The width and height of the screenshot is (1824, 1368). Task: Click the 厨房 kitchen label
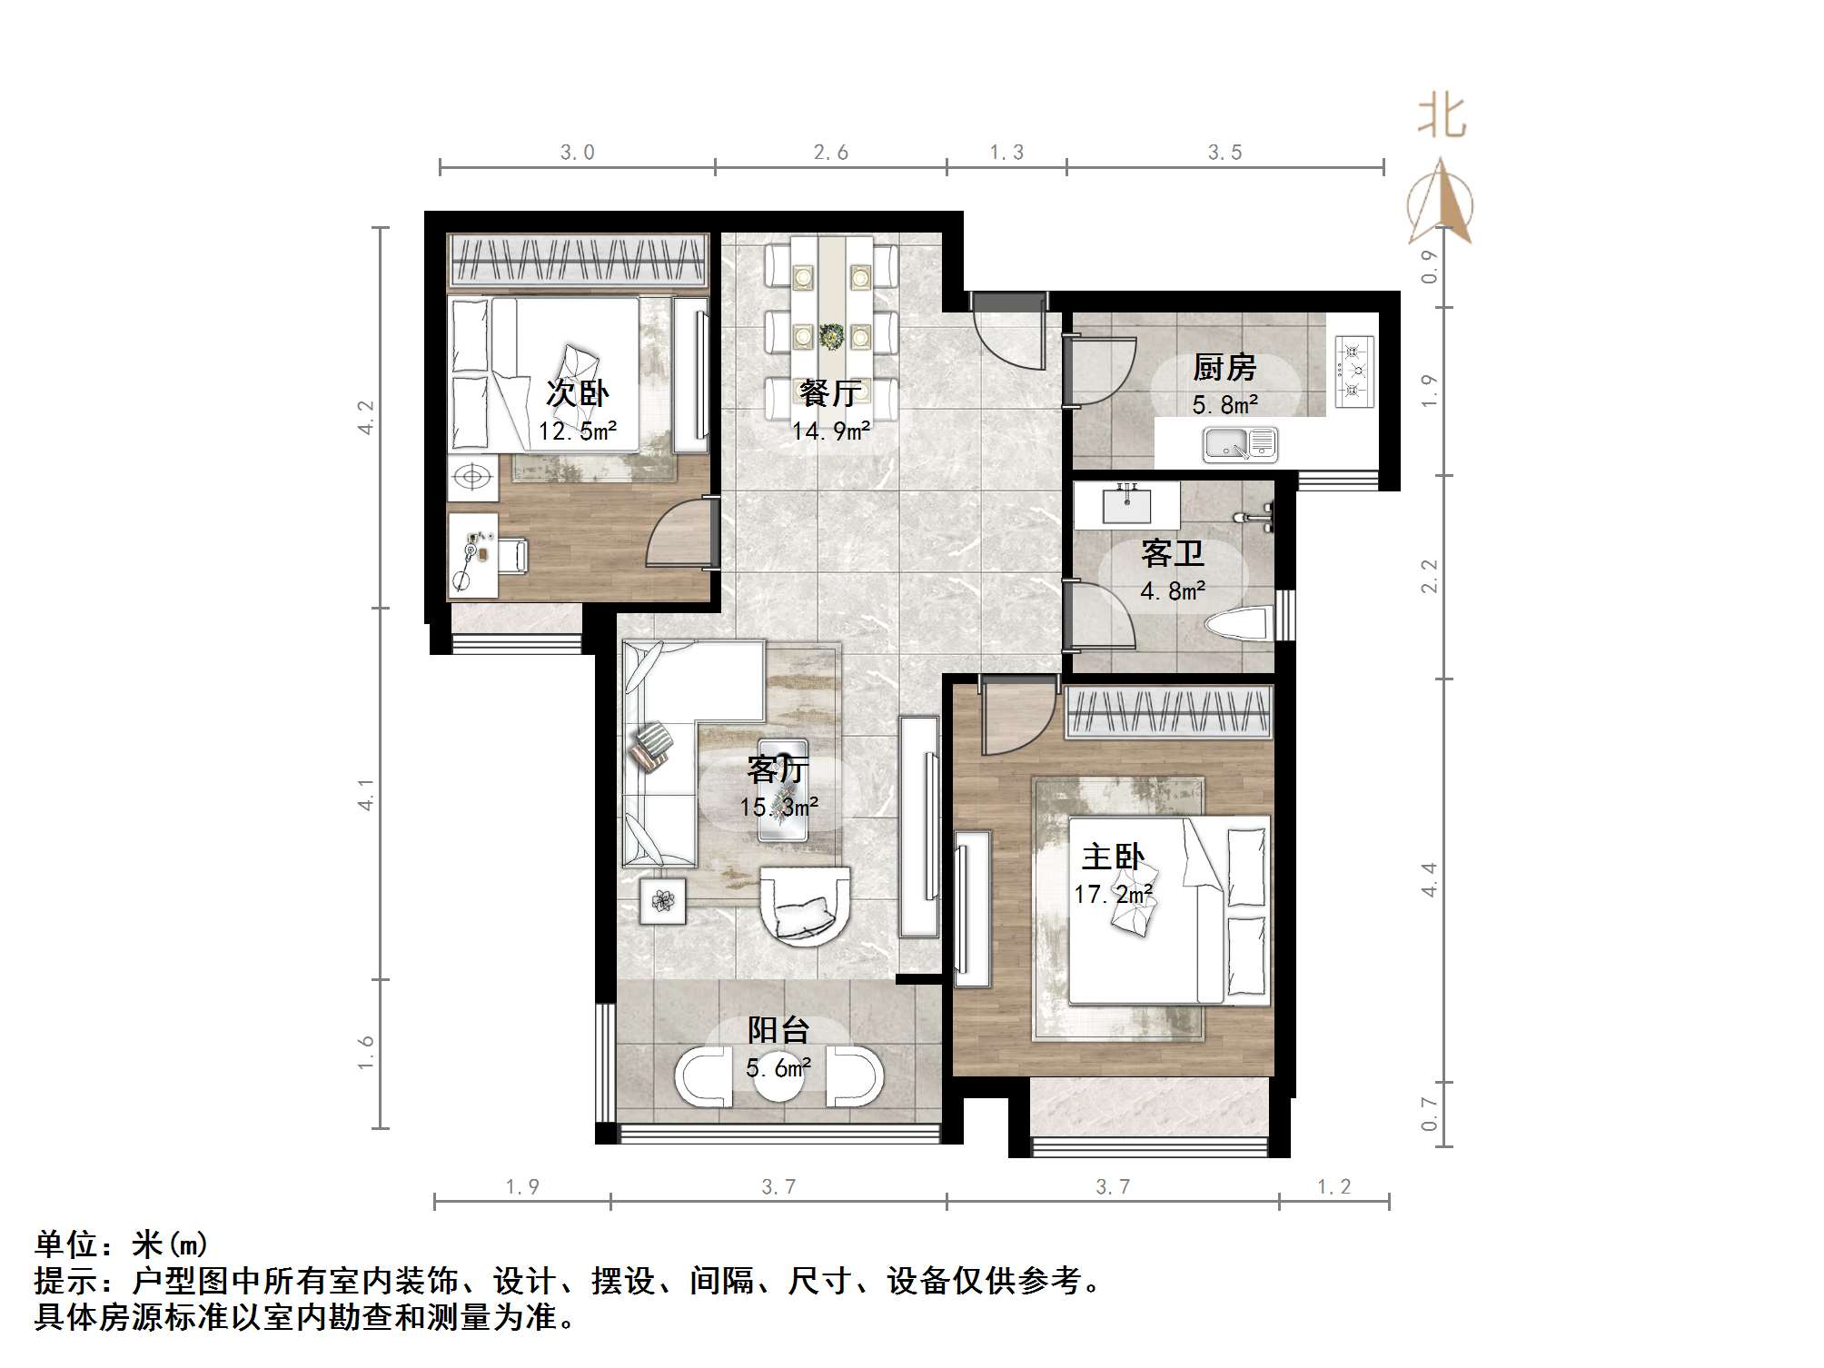click(x=1224, y=368)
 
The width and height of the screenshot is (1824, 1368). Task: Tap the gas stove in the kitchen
click(x=1353, y=370)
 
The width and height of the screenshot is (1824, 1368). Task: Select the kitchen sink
click(x=1240, y=444)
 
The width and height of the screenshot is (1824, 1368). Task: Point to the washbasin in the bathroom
click(x=1126, y=504)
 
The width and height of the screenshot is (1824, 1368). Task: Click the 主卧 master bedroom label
click(x=1113, y=857)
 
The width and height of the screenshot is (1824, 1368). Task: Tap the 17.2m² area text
click(x=1114, y=895)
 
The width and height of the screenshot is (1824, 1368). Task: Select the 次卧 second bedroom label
click(x=578, y=393)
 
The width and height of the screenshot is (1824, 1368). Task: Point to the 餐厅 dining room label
click(x=830, y=393)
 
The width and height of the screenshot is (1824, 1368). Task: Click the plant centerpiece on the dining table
click(x=830, y=336)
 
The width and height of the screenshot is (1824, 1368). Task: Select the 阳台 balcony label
click(x=778, y=1030)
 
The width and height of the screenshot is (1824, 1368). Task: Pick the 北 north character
click(x=1442, y=118)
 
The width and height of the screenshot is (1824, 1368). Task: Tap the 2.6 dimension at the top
click(x=831, y=153)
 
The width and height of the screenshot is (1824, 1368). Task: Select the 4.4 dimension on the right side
click(x=1429, y=879)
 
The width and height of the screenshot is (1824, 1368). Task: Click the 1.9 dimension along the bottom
click(x=522, y=1186)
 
